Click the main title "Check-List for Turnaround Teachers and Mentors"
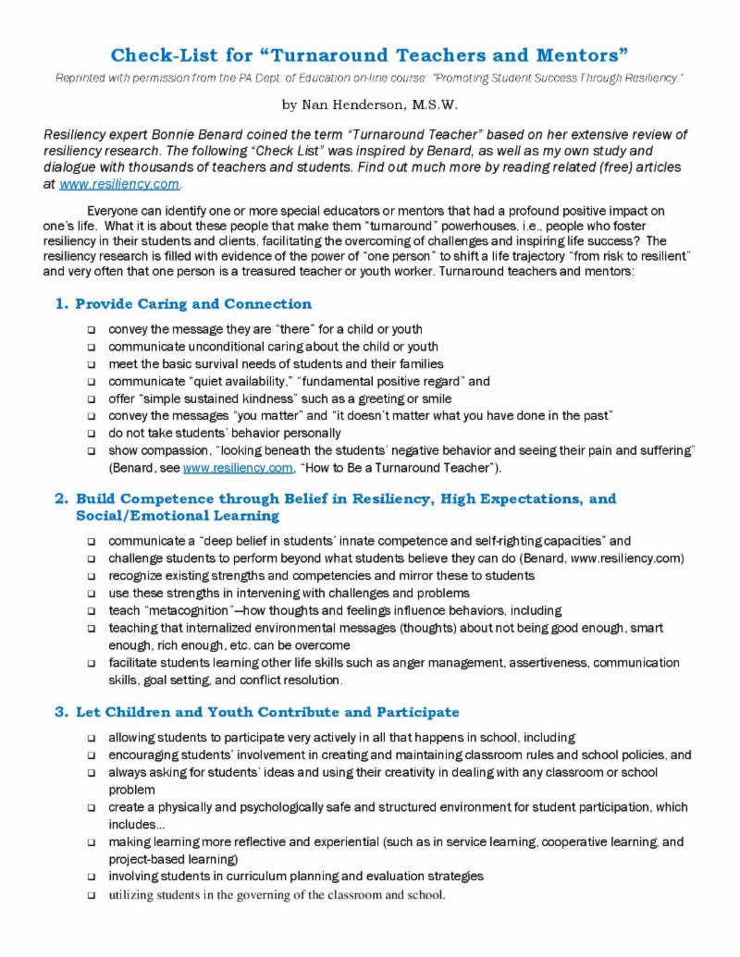click(370, 55)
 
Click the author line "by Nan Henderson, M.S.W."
click(369, 104)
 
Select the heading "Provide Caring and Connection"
click(193, 303)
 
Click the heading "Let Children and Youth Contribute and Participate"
click(267, 712)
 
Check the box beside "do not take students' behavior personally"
click(92, 434)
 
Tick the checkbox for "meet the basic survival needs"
click(92, 363)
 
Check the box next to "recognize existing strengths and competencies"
click(92, 575)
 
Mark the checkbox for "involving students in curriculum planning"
click(92, 877)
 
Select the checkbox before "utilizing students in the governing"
click(92, 894)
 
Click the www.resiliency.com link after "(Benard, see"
click(221, 469)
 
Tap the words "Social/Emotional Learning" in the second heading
click(178, 516)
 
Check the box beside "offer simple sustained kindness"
click(92, 399)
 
